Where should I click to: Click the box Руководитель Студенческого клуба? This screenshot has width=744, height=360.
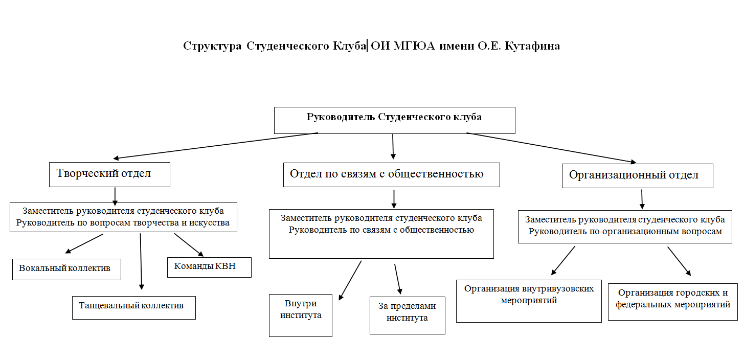coord(394,120)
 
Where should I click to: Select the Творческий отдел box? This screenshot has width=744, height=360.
coord(109,174)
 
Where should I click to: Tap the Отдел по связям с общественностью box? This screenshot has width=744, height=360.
coord(391,175)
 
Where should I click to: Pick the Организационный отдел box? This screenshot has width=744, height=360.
coord(637,175)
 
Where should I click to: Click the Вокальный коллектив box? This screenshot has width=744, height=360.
coord(66,269)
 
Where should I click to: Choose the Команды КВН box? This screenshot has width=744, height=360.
coord(209,267)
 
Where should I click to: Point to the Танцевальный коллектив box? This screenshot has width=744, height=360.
coord(133,307)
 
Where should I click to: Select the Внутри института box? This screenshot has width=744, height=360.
coord(301,315)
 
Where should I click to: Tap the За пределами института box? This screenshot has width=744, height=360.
coord(407,316)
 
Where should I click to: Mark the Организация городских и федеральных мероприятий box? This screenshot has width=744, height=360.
coord(672,301)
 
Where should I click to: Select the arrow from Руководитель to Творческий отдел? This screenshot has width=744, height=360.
coord(215,146)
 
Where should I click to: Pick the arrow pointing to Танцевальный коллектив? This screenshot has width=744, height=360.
coord(141,261)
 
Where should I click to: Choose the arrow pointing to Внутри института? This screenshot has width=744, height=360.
coord(350,280)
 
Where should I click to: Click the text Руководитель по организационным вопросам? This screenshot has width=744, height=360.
coord(625,231)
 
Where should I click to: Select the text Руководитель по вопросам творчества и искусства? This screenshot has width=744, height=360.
coord(123,222)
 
